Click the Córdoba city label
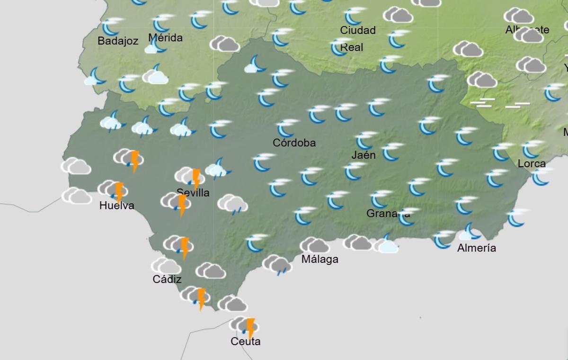[294, 143]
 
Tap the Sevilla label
[193, 193]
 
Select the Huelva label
[116, 206]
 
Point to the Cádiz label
[167, 279]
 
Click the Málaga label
[320, 259]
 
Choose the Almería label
[476, 248]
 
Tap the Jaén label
[364, 155]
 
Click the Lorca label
[532, 163]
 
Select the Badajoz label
[118, 41]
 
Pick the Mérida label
[165, 37]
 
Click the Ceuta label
[245, 341]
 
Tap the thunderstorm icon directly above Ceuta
[244, 325]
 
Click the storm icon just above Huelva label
[114, 189]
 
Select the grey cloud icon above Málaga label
[314, 245]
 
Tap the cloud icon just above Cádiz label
[166, 266]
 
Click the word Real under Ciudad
[352, 47]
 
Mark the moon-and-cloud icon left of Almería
[470, 232]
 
